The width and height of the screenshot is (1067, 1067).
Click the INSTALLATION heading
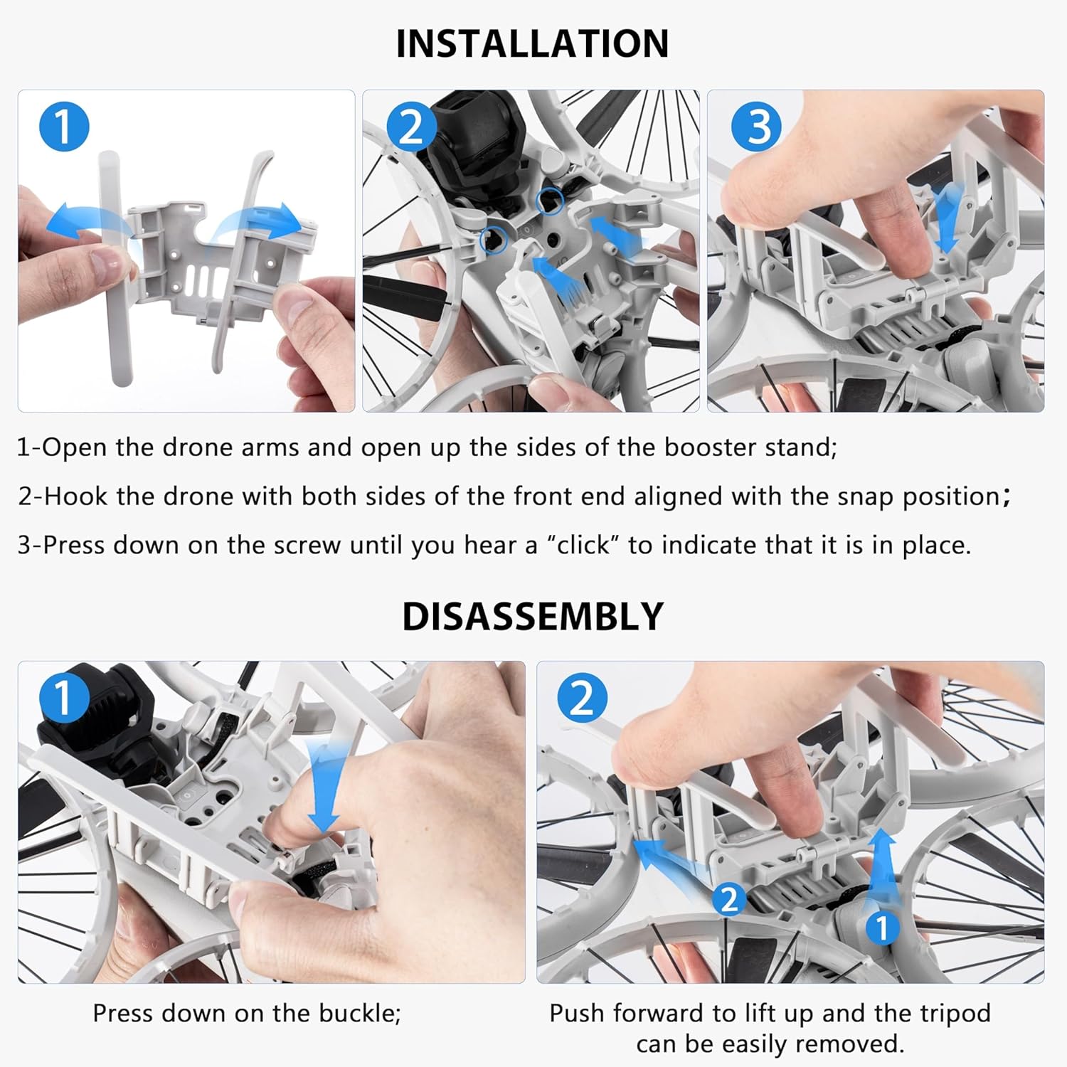point(532,43)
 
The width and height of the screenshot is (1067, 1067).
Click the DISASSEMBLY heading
point(533,616)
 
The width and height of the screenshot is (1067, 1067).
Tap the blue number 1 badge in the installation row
point(64,127)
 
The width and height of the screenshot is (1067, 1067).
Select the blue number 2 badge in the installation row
point(410,127)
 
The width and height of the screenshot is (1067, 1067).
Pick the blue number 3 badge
point(757,127)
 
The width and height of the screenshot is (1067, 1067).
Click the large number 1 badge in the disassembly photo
point(64,697)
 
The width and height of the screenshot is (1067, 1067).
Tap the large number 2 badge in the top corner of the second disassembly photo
point(582,697)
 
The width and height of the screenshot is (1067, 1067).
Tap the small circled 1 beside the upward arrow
point(882,928)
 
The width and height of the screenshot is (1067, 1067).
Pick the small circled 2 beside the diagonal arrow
point(729,900)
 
